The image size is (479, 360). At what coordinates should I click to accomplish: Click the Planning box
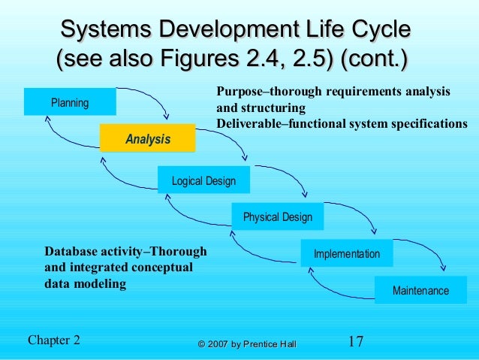tap(70, 102)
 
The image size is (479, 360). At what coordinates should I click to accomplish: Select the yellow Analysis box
tap(147, 139)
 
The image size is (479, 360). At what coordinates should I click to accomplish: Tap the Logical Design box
tap(203, 180)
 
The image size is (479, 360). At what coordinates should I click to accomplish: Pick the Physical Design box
tap(277, 217)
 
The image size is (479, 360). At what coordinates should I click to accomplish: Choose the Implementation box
tap(346, 254)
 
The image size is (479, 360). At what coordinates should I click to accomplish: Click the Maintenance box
tap(420, 290)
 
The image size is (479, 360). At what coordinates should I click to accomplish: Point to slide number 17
tap(356, 342)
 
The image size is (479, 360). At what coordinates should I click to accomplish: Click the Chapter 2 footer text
tap(53, 340)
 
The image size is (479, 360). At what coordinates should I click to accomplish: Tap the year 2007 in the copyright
tap(217, 344)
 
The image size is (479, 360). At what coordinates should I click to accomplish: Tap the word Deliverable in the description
tap(248, 123)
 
